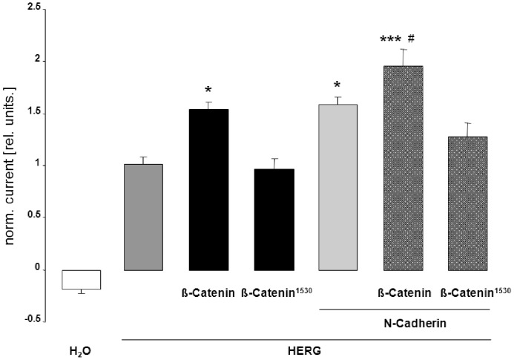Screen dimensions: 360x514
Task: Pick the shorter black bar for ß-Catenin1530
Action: (x=274, y=219)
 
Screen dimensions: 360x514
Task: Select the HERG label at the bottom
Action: (x=306, y=351)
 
